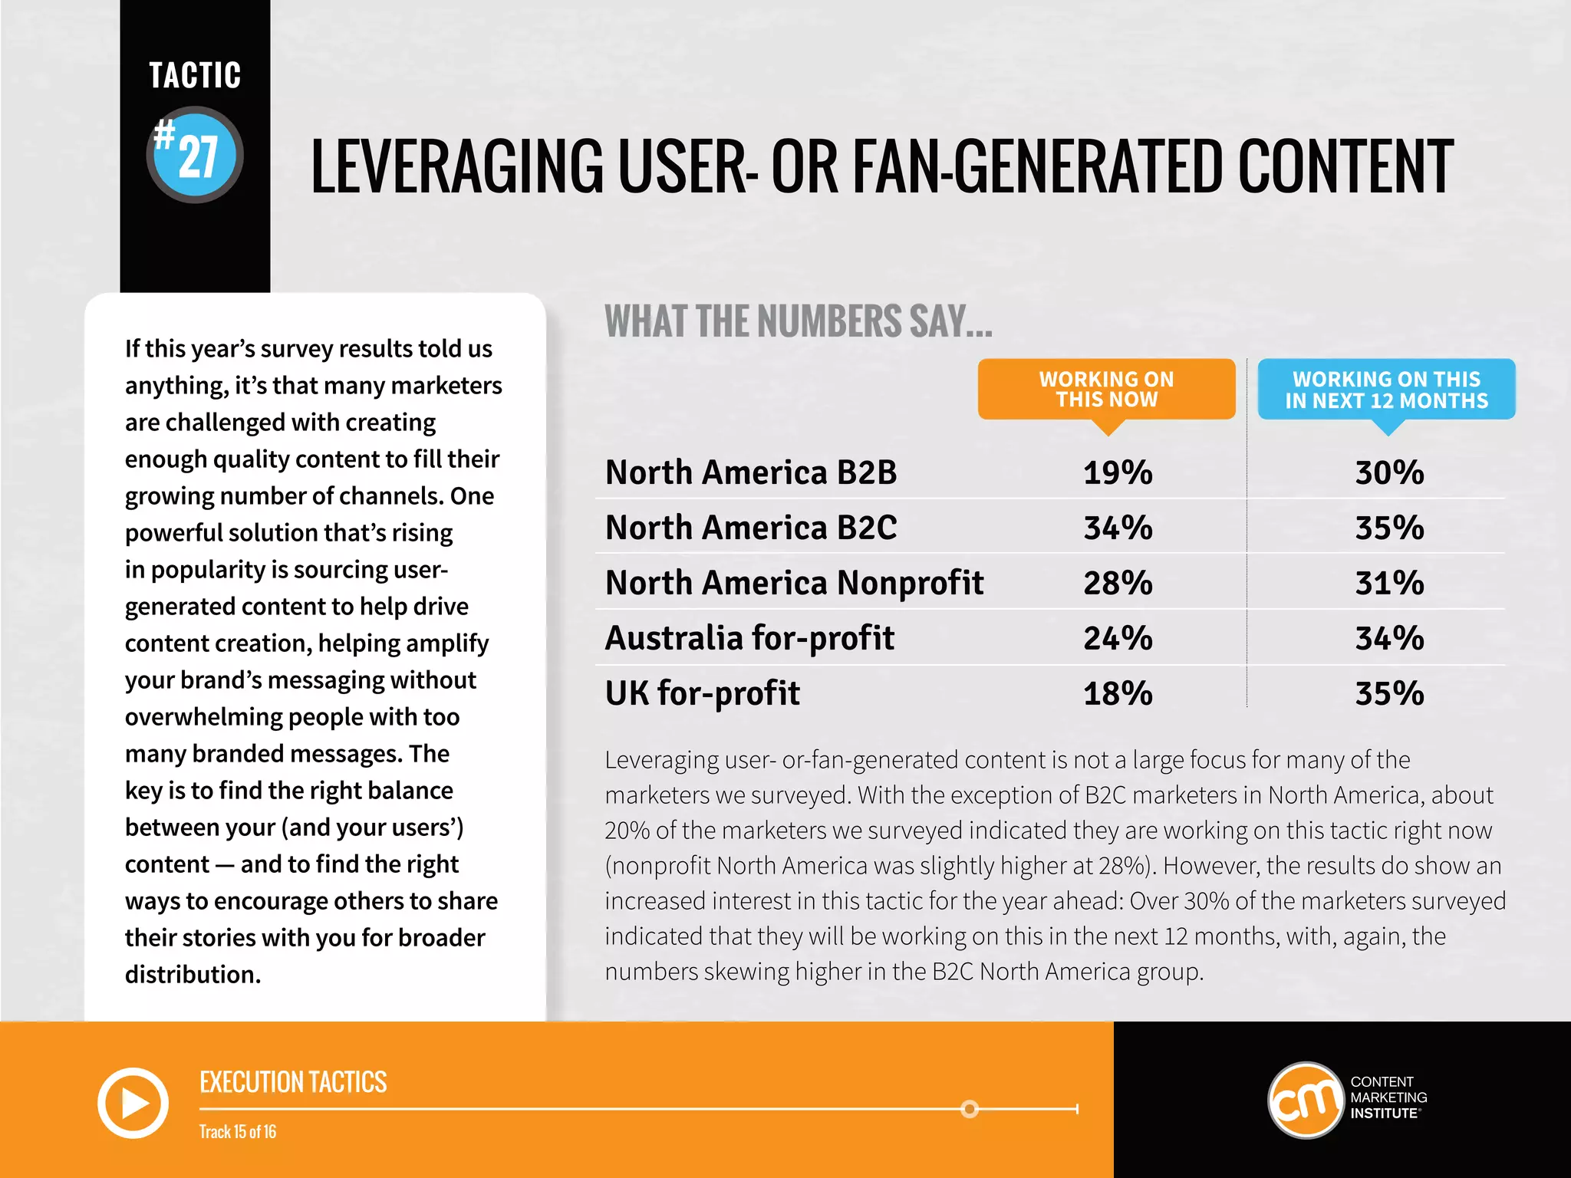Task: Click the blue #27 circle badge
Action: pos(195,155)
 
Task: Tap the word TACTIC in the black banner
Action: pos(195,76)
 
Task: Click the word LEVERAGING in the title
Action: pos(457,166)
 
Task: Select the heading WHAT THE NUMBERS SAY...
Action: pos(798,321)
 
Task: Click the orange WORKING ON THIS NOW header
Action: pos(1106,390)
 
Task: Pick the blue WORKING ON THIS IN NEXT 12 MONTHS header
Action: pos(1386,390)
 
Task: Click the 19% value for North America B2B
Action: pos(1118,473)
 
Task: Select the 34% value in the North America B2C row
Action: pos(1118,528)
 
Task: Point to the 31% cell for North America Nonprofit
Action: pos(1389,584)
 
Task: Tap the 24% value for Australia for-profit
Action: pos(1118,639)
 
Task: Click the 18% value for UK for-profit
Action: pos(1118,694)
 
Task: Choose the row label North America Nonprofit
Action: pos(794,584)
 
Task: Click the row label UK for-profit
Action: pos(702,694)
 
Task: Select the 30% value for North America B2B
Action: pos(1389,473)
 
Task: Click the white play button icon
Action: pos(133,1103)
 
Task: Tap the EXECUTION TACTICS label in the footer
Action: pos(293,1083)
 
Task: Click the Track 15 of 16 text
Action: pos(238,1132)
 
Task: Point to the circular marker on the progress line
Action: pos(970,1109)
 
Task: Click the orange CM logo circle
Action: pos(1305,1101)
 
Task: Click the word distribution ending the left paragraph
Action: pos(192,975)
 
